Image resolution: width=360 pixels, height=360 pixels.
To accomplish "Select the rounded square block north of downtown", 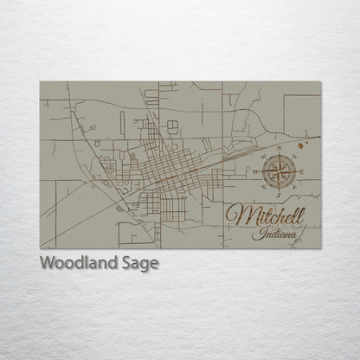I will pyautogui.click(x=172, y=126).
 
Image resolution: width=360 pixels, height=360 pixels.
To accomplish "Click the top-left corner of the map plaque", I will pyautogui.click(x=40, y=82).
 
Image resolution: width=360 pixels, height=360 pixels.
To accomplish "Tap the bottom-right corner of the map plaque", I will pyautogui.click(x=320, y=248).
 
